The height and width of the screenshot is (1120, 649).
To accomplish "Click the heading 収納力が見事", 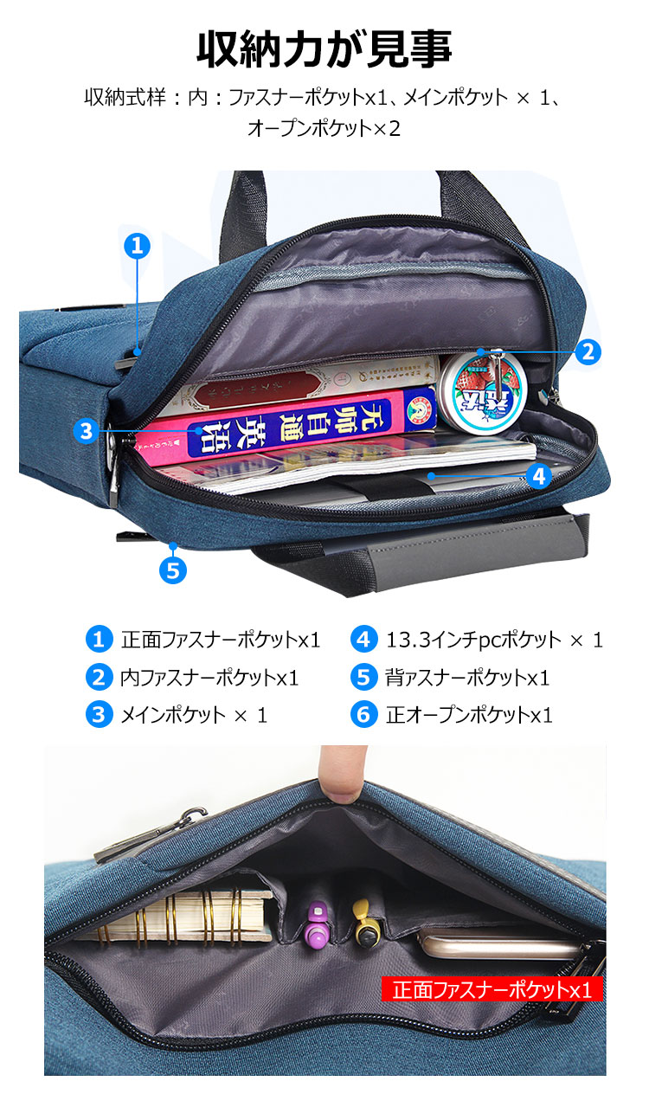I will [x=324, y=49].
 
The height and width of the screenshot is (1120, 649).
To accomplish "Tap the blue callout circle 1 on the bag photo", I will [x=137, y=245].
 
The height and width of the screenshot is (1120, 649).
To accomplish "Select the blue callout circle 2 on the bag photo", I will [x=588, y=351].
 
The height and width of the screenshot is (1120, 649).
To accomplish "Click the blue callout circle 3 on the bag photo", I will [x=85, y=431].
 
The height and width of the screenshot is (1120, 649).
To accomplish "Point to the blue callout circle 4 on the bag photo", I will [x=538, y=475].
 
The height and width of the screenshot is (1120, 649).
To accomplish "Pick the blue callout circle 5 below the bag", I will [x=173, y=570].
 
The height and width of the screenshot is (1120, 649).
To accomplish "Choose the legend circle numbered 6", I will [x=364, y=715].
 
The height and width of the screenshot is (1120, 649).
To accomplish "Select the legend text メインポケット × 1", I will [x=195, y=715].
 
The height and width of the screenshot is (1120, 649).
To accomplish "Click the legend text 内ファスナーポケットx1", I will [x=209, y=678].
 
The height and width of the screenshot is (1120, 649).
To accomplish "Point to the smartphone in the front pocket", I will [x=493, y=943].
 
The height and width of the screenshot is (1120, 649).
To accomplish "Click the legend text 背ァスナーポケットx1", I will [x=467, y=678].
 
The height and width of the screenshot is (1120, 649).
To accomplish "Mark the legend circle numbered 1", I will [x=100, y=640].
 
